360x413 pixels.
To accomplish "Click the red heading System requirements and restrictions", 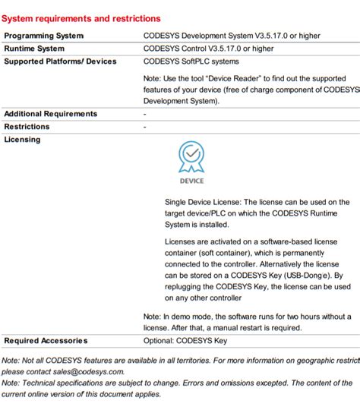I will [x=81, y=18].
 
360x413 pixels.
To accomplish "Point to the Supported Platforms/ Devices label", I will [x=61, y=61].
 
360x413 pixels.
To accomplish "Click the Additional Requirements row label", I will [x=51, y=114].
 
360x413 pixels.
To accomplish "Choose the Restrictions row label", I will [x=27, y=127].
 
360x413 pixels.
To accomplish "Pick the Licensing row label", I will [x=23, y=140].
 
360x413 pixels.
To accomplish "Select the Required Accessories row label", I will [x=46, y=341].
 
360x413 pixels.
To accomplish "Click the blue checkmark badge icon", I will [x=191, y=158].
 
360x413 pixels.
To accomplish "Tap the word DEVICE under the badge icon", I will [x=191, y=181].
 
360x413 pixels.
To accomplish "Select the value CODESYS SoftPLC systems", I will [x=191, y=61].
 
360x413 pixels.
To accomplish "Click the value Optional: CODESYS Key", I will [x=185, y=341].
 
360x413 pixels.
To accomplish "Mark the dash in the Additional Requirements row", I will [x=145, y=114].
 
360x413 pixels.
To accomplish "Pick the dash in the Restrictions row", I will [x=145, y=127].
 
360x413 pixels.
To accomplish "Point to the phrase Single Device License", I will [x=202, y=203].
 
